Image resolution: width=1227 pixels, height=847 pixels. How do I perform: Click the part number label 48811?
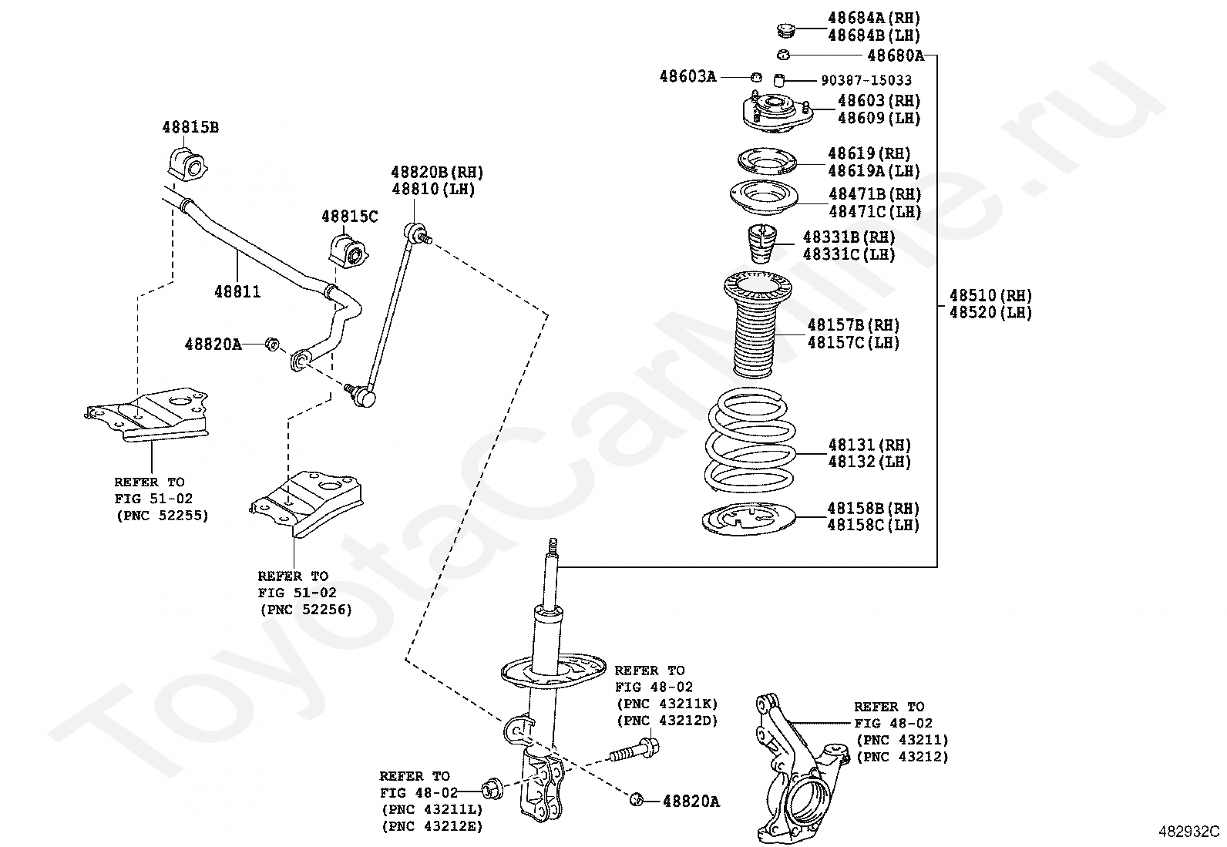(x=237, y=292)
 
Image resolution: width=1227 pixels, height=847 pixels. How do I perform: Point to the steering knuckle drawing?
(x=798, y=771)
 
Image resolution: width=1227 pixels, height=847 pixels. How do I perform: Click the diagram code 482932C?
(x=1188, y=832)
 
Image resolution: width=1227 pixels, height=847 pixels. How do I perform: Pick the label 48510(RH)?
(x=990, y=295)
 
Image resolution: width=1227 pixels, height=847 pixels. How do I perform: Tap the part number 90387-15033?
(x=866, y=80)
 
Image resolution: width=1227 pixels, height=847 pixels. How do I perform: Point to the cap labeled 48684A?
(x=785, y=31)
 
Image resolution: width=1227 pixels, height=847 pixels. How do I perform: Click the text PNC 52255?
(x=163, y=516)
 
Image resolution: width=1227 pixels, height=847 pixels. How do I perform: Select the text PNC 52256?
(x=306, y=610)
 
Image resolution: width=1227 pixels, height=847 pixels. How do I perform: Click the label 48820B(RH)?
(x=437, y=172)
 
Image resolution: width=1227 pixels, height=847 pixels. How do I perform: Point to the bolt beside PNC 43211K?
(x=634, y=751)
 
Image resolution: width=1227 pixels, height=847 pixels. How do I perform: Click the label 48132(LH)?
(x=869, y=462)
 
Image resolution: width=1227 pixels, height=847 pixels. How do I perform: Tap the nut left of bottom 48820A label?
(x=637, y=800)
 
